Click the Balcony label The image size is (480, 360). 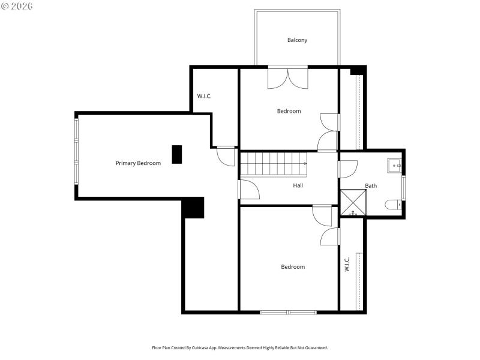pyautogui.click(x=297, y=40)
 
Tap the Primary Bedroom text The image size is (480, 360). pyautogui.click(x=138, y=163)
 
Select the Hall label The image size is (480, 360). pyautogui.click(x=298, y=185)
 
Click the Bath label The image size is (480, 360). pyautogui.click(x=371, y=186)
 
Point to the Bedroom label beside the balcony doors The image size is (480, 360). pyautogui.click(x=289, y=111)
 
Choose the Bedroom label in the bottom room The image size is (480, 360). pyautogui.click(x=293, y=267)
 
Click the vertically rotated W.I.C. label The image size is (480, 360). pyautogui.click(x=347, y=265)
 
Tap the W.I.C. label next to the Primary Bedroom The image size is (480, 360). pyautogui.click(x=205, y=96)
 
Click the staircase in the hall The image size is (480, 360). pyautogui.click(x=273, y=164)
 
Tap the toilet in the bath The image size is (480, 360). pyautogui.click(x=394, y=205)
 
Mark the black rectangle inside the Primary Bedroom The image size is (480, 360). pyautogui.click(x=176, y=154)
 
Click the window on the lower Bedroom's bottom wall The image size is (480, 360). pyautogui.click(x=288, y=312)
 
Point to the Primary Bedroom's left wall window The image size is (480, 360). pyautogui.click(x=76, y=151)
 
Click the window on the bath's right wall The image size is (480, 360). pyautogui.click(x=403, y=187)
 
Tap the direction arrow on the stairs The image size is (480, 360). pyautogui.click(x=305, y=163)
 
